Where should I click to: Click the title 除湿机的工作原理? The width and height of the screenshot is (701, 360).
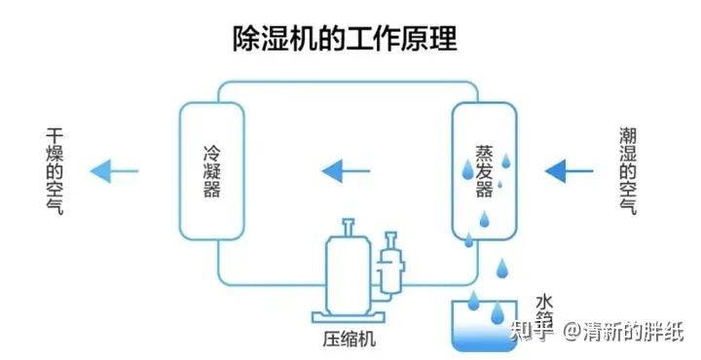345,39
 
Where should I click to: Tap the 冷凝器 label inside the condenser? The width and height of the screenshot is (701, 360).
212,171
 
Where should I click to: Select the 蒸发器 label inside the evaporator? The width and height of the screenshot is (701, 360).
484,171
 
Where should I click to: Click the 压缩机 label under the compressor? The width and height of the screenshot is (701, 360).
349,339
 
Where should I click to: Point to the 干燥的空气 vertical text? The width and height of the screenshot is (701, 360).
55,171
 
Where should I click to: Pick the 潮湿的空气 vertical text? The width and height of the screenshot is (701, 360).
628,171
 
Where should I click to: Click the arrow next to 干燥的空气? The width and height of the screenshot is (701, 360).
114,171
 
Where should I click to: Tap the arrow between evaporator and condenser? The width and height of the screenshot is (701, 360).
346,171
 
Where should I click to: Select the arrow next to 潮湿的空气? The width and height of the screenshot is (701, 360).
570,171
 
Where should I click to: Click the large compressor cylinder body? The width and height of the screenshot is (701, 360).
349,274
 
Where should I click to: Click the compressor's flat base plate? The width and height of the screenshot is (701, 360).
349,317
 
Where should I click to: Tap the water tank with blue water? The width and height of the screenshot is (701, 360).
485,326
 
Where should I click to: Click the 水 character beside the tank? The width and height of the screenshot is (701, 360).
544,302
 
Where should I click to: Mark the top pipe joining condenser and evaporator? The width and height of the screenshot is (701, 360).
349,82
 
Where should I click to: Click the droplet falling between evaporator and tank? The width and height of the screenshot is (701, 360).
502,268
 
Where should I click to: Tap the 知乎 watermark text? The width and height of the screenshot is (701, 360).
532,332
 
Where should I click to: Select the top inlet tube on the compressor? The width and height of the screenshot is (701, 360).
348,228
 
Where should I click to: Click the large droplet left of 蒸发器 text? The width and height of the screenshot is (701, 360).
467,169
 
